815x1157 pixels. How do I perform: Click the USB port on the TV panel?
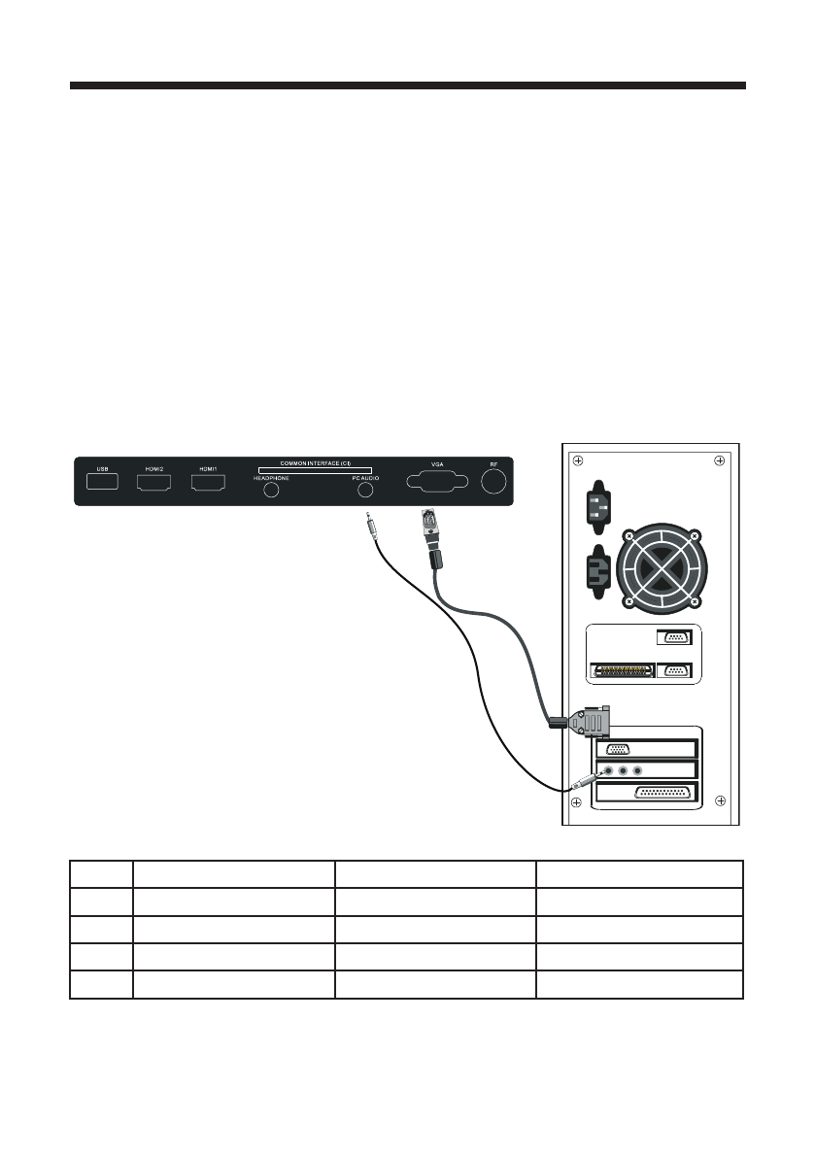(102, 481)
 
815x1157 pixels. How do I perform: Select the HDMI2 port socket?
(153, 481)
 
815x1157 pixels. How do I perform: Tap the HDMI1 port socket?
(208, 481)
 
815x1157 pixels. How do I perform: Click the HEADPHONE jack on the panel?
(273, 491)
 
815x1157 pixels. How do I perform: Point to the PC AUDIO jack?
(366, 491)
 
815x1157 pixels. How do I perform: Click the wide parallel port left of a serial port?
(622, 670)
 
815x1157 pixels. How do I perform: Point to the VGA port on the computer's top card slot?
(618, 748)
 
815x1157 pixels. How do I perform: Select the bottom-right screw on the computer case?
(720, 800)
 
